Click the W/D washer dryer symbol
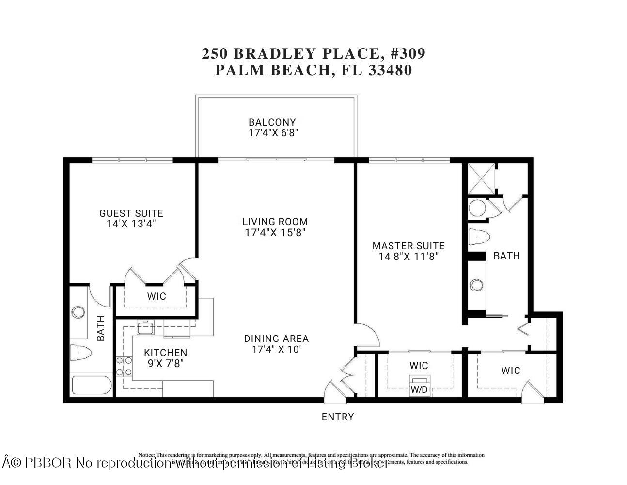pyautogui.click(x=419, y=386)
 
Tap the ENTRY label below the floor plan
pyautogui.click(x=338, y=417)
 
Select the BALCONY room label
pyautogui.click(x=272, y=122)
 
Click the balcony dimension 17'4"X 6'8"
pyautogui.click(x=273, y=133)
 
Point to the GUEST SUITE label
pyautogui.click(x=131, y=213)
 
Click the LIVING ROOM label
pyautogui.click(x=275, y=222)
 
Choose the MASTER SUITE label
pyautogui.click(x=408, y=246)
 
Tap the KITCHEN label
pyautogui.click(x=165, y=353)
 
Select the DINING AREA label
pyautogui.click(x=276, y=339)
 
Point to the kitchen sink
pyautogui.click(x=145, y=328)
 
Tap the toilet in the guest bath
pyautogui.click(x=80, y=352)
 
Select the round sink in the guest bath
pyautogui.click(x=78, y=312)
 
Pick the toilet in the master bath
pyautogui.click(x=479, y=238)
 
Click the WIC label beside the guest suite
pyautogui.click(x=156, y=296)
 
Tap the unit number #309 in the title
pyautogui.click(x=408, y=53)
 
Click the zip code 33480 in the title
pyautogui.click(x=390, y=70)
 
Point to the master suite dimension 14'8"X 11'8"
pyautogui.click(x=408, y=256)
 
